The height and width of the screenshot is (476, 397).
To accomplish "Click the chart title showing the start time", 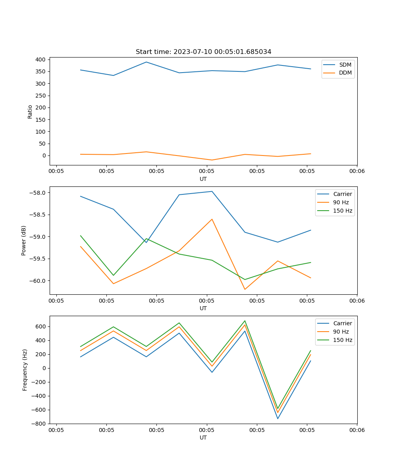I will tap(203, 52).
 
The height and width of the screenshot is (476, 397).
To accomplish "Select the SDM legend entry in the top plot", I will tap(345, 65).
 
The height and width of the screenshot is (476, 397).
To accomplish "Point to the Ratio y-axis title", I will tap(30, 112).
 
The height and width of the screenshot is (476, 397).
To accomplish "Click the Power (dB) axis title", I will tap(24, 240).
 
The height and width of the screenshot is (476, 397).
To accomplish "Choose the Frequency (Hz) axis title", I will tap(25, 370).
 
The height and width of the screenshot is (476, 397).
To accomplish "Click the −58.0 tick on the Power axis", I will tap(38, 193).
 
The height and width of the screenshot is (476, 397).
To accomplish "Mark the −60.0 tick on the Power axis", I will tap(38, 281).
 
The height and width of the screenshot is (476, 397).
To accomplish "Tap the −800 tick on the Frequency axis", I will tap(39, 424).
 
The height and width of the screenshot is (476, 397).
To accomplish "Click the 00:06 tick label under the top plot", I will tap(357, 171).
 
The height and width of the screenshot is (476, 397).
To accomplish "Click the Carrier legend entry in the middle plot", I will tap(343, 194).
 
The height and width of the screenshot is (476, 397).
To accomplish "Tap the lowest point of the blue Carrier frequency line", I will tap(278, 418).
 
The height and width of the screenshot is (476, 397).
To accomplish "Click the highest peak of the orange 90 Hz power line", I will tap(212, 219).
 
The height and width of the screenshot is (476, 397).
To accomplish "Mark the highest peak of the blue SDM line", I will tap(146, 62).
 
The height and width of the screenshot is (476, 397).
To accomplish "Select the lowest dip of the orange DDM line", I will tap(212, 160).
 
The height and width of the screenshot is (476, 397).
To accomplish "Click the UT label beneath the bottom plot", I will tap(203, 438).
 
